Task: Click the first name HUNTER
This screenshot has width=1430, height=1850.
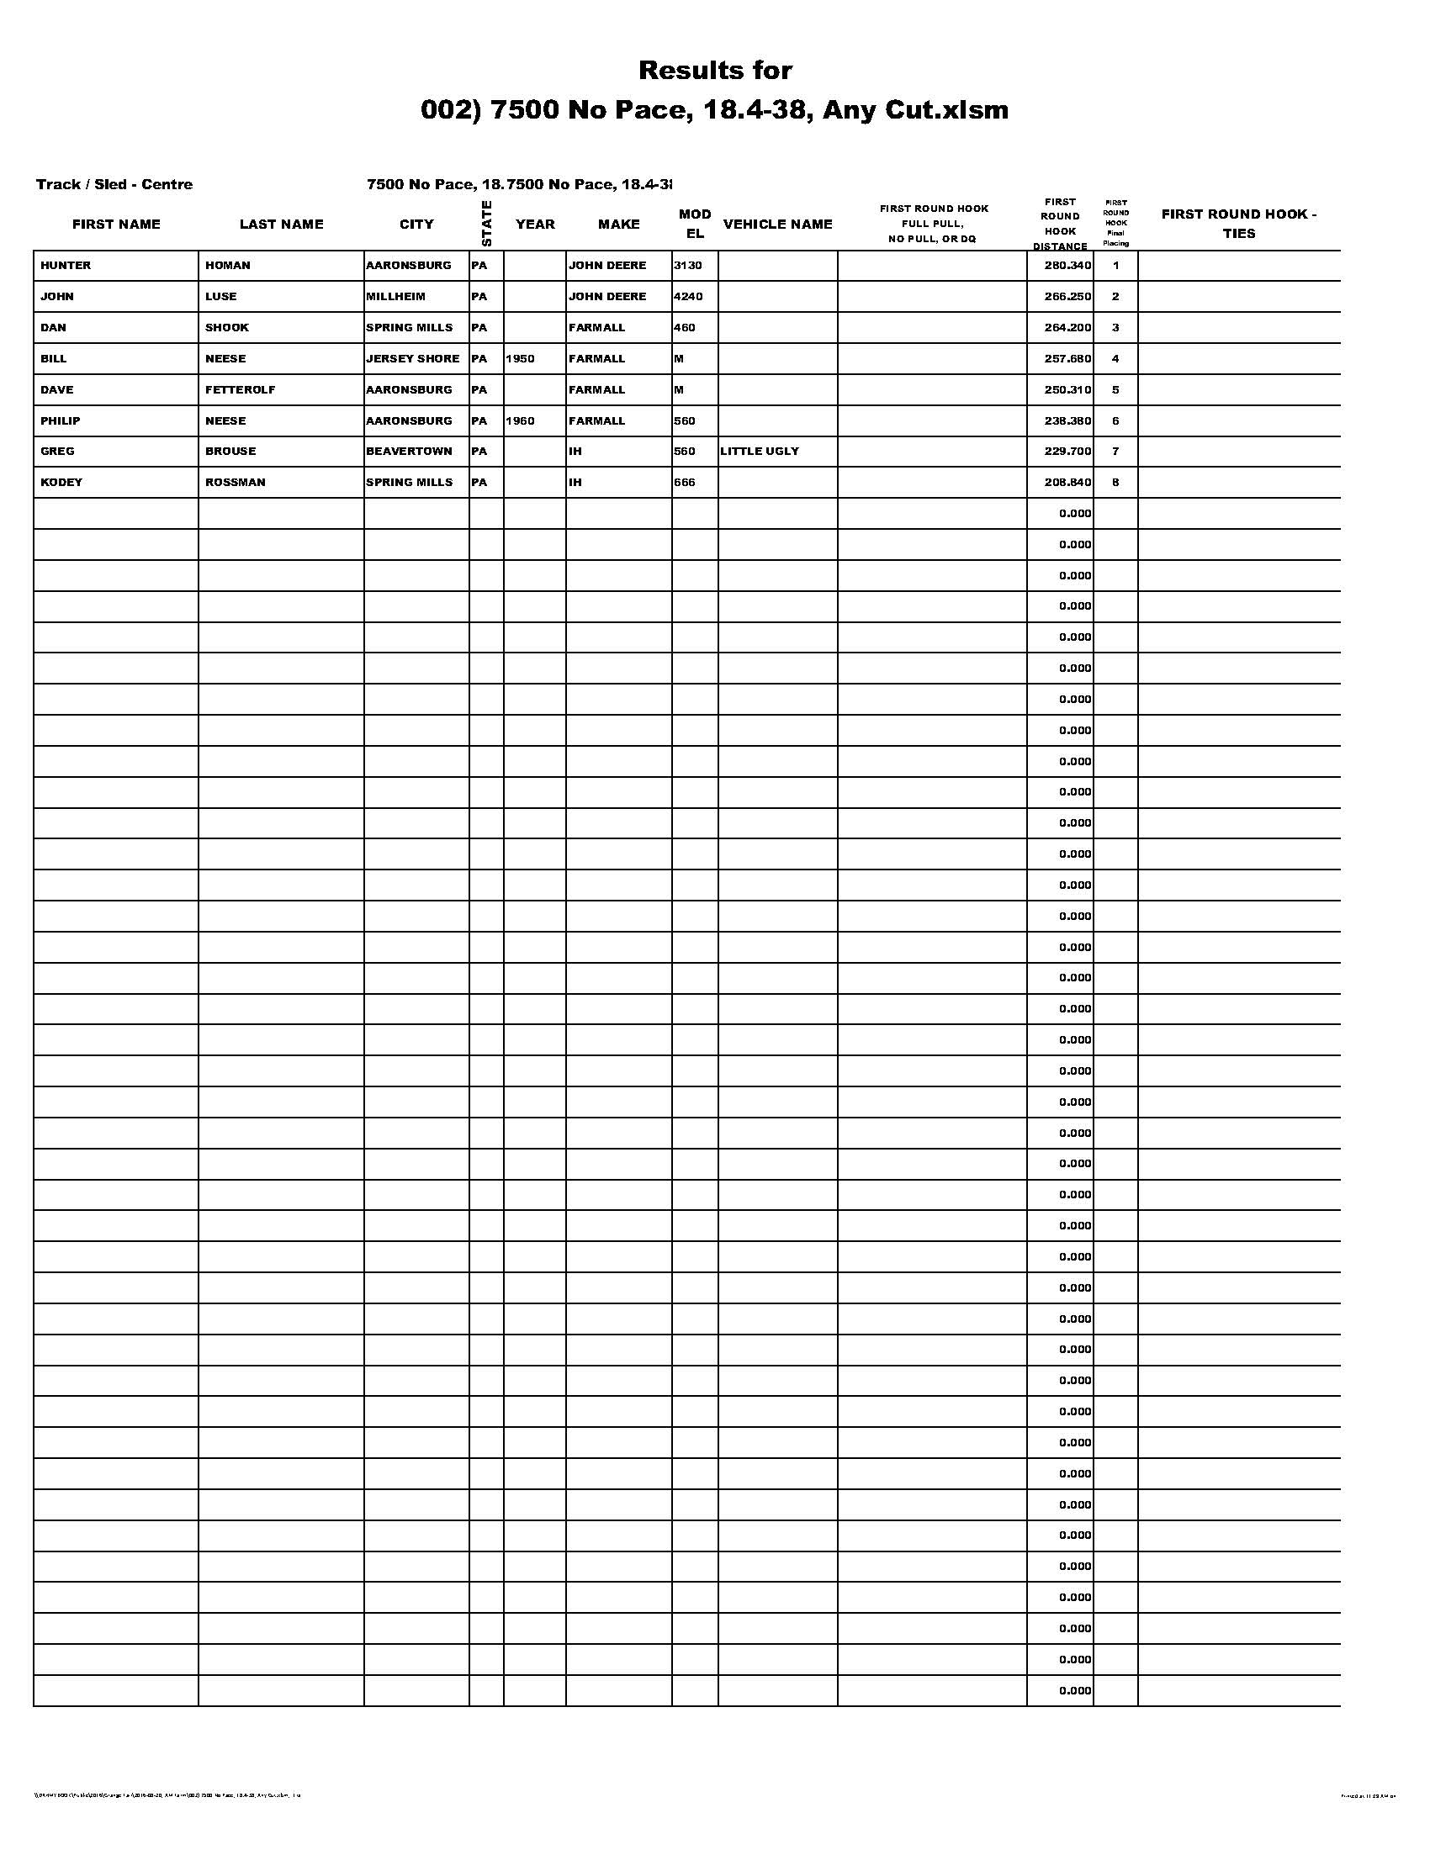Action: (x=66, y=265)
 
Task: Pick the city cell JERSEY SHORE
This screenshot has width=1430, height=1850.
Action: (x=412, y=358)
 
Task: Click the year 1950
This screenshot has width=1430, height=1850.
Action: (x=520, y=358)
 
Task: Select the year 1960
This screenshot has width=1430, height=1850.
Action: (x=520, y=421)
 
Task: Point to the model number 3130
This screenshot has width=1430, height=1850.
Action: (x=688, y=265)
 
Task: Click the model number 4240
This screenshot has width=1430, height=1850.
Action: (x=688, y=297)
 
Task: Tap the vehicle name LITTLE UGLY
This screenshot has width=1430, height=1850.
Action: (x=759, y=451)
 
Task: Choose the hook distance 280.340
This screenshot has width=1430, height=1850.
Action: (x=1067, y=265)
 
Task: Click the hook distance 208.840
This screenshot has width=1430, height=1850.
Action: (x=1067, y=482)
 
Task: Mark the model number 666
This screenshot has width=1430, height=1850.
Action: (x=685, y=482)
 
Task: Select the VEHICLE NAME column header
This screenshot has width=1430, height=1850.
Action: (x=778, y=225)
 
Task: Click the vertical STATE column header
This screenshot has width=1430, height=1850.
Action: (x=486, y=224)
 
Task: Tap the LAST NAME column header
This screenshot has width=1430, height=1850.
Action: (x=281, y=225)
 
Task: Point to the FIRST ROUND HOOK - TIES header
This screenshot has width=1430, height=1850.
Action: (x=1238, y=224)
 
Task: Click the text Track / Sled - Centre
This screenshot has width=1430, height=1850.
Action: (x=114, y=185)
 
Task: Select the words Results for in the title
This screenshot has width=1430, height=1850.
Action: (x=715, y=71)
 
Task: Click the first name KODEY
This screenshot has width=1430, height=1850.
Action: (x=61, y=482)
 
